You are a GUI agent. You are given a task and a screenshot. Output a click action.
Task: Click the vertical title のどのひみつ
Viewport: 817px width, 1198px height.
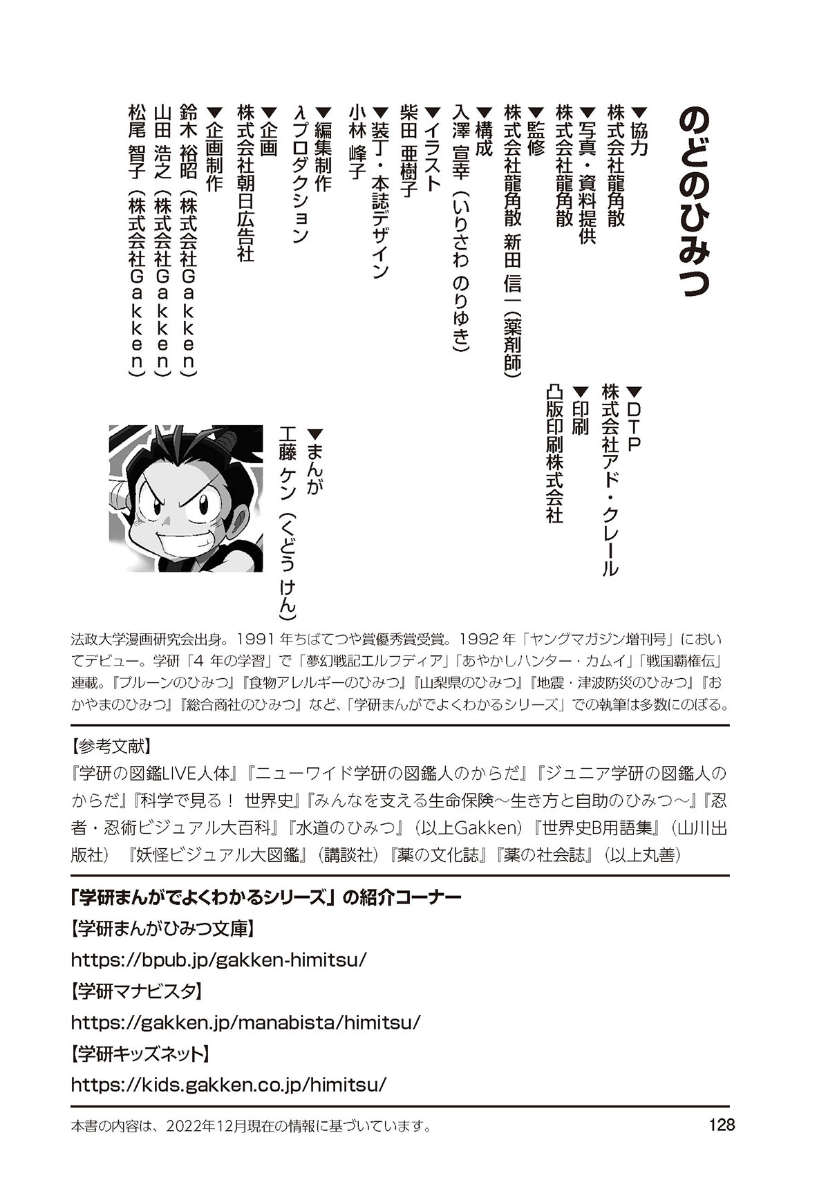[693, 200]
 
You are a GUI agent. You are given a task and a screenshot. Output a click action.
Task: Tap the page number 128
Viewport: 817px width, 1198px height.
[721, 1125]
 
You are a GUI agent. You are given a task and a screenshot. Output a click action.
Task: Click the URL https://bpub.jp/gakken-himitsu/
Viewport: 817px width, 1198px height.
[218, 960]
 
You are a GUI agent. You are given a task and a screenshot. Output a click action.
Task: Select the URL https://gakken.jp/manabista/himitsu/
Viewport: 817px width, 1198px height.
[245, 1022]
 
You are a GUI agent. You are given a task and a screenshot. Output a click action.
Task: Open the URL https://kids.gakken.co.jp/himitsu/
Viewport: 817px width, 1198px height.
[228, 1084]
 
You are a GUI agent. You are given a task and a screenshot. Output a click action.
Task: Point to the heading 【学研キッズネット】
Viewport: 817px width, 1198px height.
[140, 1054]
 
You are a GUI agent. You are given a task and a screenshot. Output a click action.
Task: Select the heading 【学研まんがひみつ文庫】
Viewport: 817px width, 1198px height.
[163, 929]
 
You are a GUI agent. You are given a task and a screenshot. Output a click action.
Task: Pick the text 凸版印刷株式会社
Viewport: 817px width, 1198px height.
[554, 453]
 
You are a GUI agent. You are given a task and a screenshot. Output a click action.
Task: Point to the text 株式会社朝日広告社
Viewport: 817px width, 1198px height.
[245, 182]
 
